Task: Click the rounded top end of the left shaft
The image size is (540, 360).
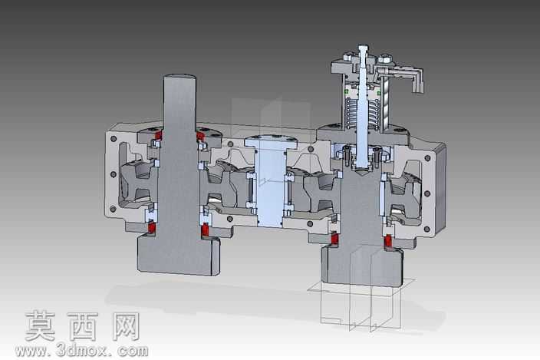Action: click(179, 77)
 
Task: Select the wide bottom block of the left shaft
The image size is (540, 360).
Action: click(179, 255)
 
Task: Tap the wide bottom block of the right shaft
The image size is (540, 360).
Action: click(361, 266)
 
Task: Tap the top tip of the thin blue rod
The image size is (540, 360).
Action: click(363, 46)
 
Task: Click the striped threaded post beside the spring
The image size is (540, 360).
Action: click(385, 104)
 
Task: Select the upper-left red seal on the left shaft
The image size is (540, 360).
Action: click(158, 134)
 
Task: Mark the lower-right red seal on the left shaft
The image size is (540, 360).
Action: click(206, 230)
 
